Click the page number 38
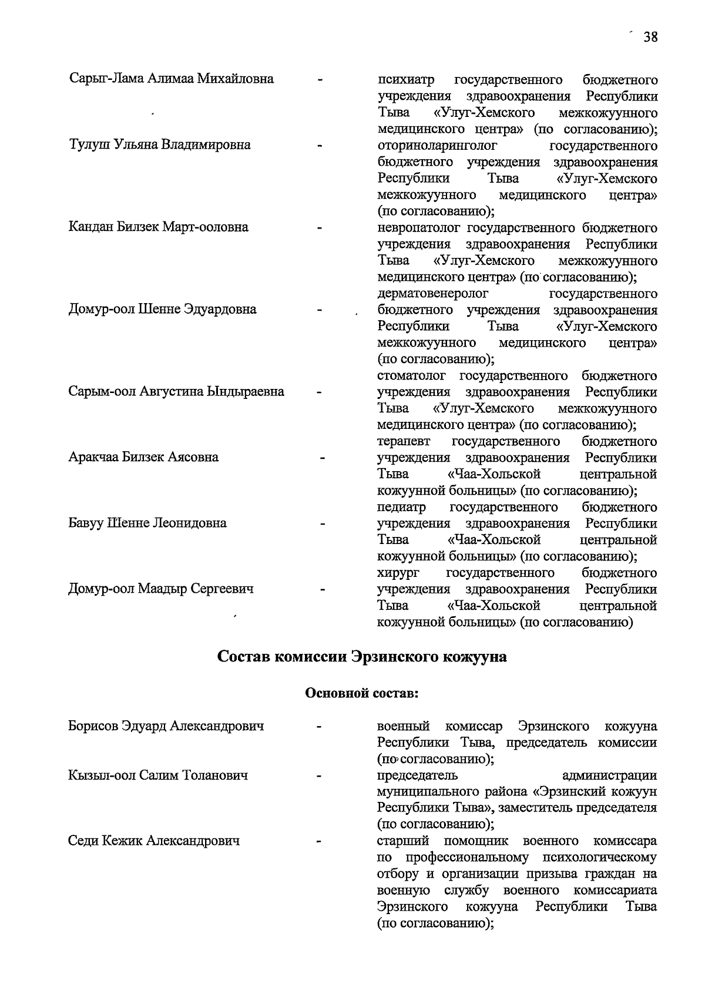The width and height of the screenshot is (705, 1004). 650,38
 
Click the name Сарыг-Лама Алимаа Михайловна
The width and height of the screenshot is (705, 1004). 171,79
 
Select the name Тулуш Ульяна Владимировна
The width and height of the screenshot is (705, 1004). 160,145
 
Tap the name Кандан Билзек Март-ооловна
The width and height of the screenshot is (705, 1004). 159,227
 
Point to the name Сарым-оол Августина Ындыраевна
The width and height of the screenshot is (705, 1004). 176,391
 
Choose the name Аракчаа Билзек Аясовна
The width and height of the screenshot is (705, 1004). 143,457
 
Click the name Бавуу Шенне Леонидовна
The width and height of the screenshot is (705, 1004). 147,523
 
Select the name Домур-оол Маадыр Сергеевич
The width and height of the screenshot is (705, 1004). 161,589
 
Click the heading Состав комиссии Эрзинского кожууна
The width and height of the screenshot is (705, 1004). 362,656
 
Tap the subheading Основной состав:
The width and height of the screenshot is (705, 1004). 362,693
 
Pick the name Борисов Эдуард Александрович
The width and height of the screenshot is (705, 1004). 166,726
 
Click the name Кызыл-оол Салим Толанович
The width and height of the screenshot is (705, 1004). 158,775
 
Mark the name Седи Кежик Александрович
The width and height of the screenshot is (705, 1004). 154,841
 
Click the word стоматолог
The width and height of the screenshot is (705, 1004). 411,375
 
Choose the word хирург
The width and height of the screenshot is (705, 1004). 398,573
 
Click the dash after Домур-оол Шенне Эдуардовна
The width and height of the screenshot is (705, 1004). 320,310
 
